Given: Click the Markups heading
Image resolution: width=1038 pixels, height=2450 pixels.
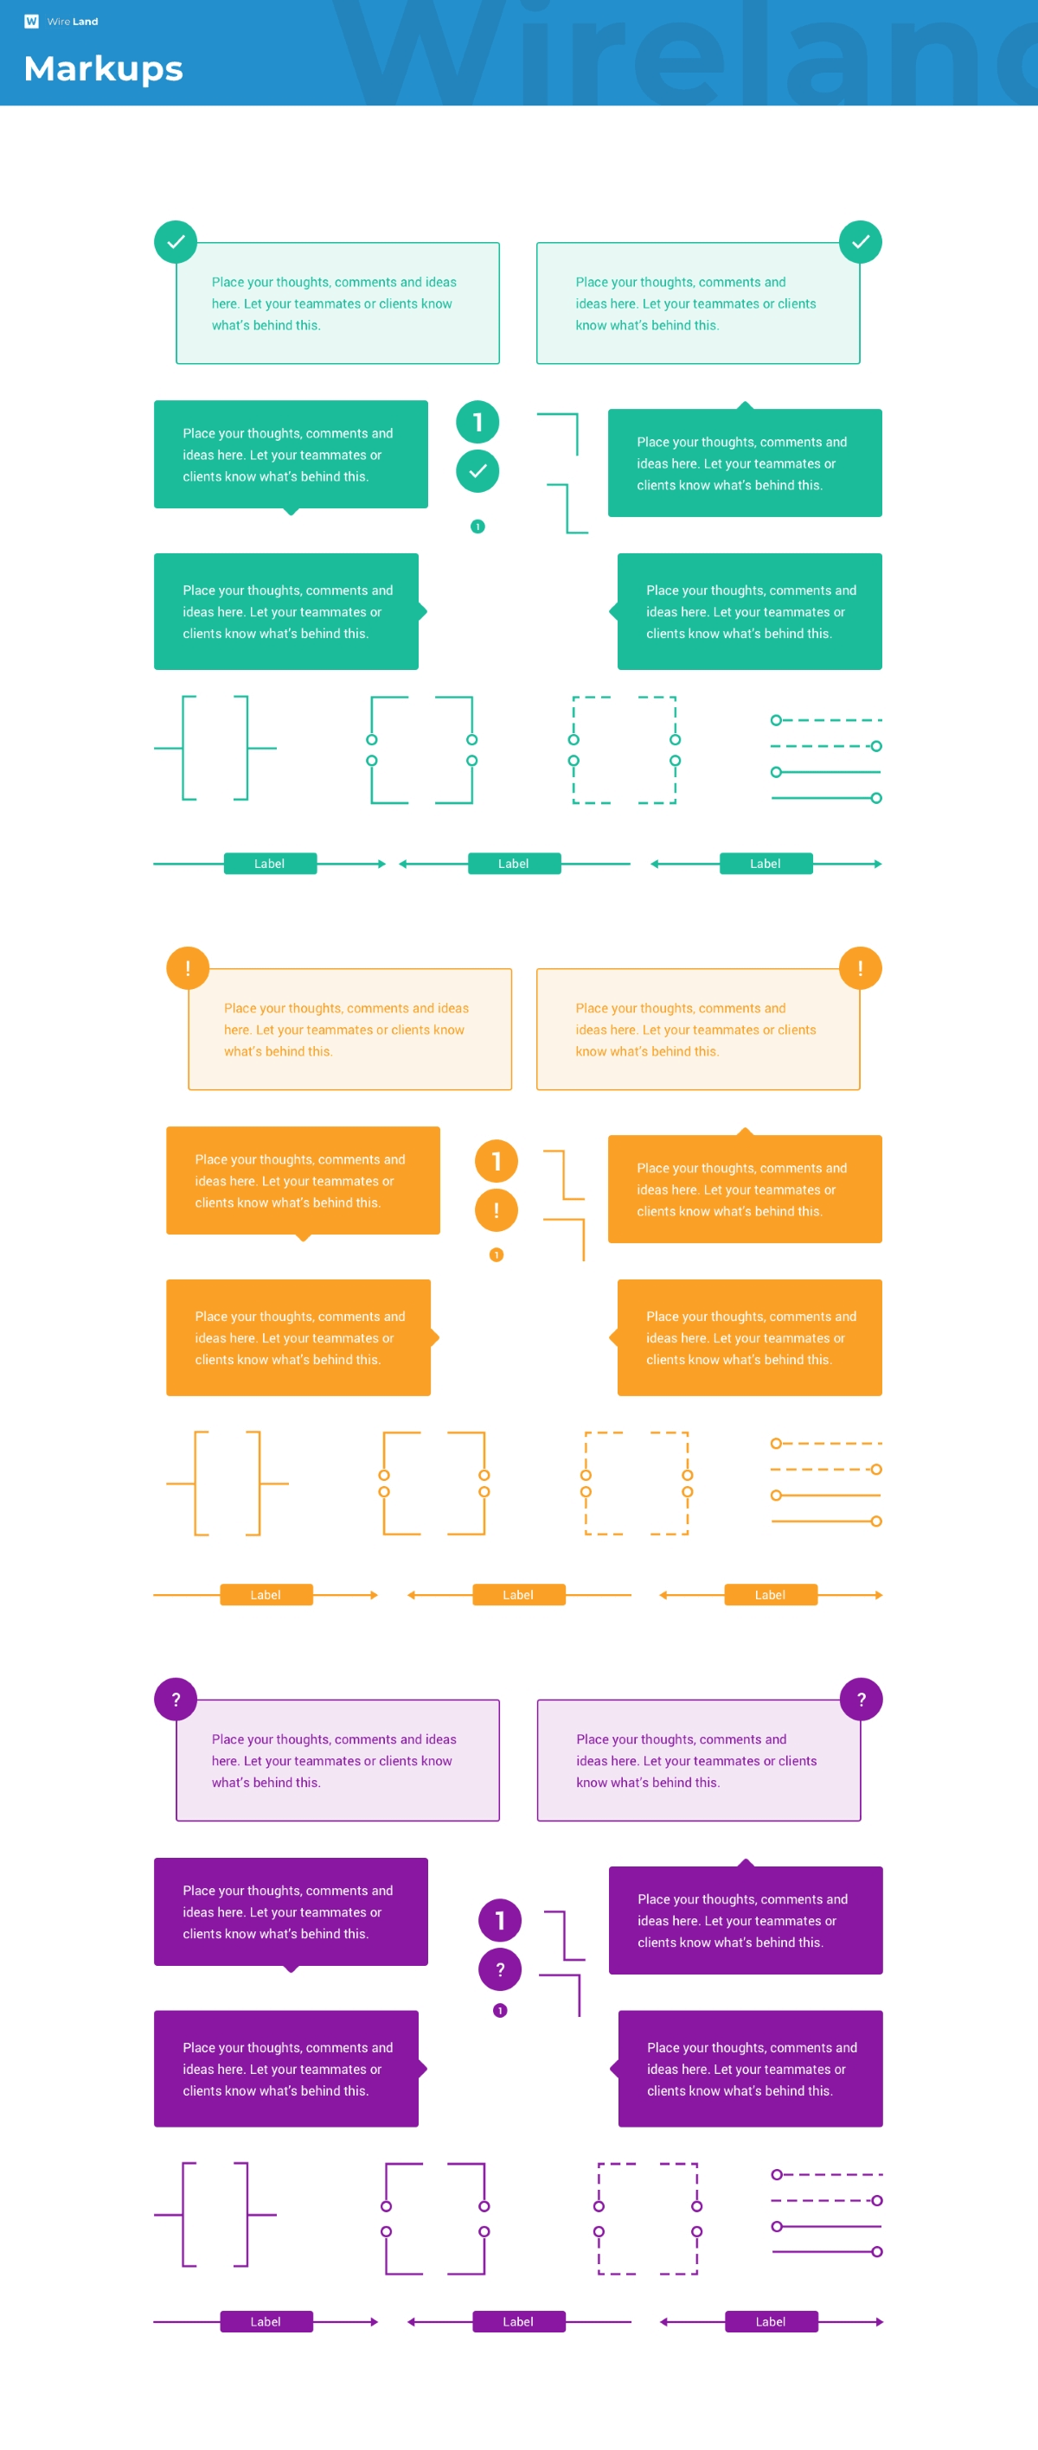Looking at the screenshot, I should coord(103,68).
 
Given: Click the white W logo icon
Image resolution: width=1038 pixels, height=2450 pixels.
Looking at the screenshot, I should coord(31,21).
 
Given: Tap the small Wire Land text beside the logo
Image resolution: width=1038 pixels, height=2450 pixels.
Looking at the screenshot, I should coord(73,21).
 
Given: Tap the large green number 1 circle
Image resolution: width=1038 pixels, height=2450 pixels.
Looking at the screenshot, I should coord(477,421).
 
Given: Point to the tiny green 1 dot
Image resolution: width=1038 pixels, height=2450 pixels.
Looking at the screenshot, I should coord(477,526).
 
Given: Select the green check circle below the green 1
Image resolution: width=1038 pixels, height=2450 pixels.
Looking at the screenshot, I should coord(477,471).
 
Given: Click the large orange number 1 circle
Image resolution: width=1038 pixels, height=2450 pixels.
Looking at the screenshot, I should coord(497,1160).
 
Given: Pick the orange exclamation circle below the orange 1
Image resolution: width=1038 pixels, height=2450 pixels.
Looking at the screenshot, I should coord(497,1209).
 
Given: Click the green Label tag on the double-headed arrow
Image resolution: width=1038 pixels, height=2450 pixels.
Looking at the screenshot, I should coord(766,864).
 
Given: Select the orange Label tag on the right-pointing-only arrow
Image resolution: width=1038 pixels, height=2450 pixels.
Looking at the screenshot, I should coord(266,1595).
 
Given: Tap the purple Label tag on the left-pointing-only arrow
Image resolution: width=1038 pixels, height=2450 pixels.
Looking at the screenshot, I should coord(518,2321).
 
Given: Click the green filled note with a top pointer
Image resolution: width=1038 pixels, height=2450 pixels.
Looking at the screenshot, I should coord(745,463).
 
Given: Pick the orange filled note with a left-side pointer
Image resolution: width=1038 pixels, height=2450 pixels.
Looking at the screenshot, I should coord(750,1337).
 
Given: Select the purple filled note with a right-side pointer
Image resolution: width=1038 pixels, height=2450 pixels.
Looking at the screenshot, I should coord(286,2069).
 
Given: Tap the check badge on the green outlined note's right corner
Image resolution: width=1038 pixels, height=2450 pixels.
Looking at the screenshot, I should coord(860,241).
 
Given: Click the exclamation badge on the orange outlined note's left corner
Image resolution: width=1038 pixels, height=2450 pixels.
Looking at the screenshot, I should coord(188,968).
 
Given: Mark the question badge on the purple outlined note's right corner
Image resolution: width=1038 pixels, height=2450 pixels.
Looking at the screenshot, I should coord(861,1700).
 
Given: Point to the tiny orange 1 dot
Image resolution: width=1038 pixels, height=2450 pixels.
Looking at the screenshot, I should coord(497,1254).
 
